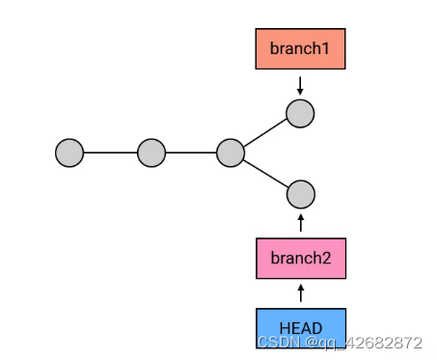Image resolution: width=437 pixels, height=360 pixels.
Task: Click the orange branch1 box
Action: point(300,49)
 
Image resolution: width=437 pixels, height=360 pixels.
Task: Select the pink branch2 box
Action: point(300,258)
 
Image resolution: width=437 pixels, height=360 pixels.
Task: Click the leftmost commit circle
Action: point(69,152)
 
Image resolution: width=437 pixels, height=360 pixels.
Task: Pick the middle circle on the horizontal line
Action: point(151,152)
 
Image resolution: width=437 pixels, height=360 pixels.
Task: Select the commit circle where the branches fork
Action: point(231,152)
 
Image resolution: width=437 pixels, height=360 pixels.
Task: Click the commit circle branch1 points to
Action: point(300,113)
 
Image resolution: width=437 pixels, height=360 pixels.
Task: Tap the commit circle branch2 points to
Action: point(301,194)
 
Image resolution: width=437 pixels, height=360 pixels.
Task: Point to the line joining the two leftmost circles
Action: point(110,152)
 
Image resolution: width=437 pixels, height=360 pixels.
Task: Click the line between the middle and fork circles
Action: point(191,152)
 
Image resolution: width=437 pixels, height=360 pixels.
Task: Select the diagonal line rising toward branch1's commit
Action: point(265,133)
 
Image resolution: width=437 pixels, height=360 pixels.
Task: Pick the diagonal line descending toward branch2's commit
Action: point(265,173)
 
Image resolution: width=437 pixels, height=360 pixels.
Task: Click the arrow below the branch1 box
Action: point(300,84)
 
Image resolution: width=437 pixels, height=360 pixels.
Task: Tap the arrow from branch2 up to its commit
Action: point(301,223)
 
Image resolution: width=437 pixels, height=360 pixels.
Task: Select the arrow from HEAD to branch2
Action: point(301,292)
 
